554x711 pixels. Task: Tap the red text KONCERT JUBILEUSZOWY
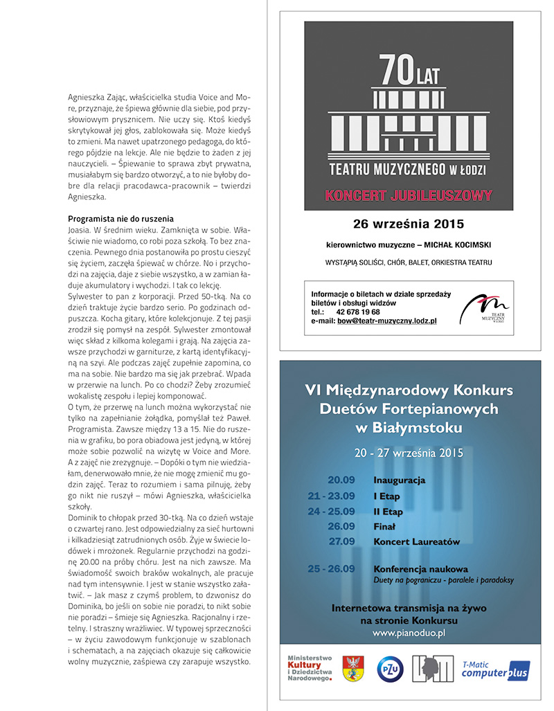pos(409,195)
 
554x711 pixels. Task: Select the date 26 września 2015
pos(409,224)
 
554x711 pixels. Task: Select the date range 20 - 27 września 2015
pos(409,453)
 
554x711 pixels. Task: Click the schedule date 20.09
pos(341,480)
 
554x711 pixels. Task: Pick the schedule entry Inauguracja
pos(399,480)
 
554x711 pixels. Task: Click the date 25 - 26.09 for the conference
pos(331,569)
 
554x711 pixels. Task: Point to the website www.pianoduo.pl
pos(409,633)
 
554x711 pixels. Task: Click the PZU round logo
pos(390,670)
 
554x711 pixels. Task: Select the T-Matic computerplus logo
pos(495,669)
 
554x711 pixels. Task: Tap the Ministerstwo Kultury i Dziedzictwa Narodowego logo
pos(310,668)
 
